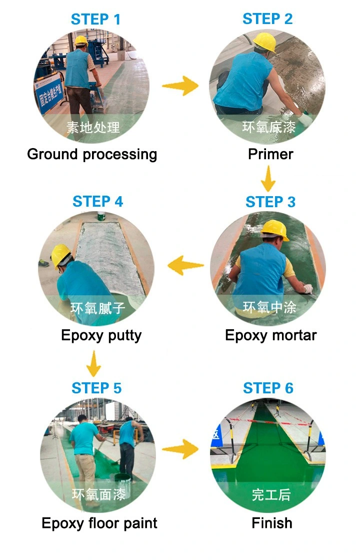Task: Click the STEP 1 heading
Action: (95, 20)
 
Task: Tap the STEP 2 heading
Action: (267, 19)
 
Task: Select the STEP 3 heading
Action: (270, 202)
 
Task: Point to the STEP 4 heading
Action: (97, 202)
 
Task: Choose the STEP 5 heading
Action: (96, 388)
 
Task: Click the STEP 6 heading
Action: (268, 388)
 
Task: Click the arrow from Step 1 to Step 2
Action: (180, 86)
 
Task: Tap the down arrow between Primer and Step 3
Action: (268, 178)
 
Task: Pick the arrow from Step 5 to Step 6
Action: (180, 449)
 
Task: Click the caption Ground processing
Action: (92, 154)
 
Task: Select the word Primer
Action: (270, 154)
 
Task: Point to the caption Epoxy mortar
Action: (270, 335)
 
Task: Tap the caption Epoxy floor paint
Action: (99, 523)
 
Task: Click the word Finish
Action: (271, 523)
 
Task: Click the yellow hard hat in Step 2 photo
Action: (264, 42)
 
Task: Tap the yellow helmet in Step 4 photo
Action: (60, 254)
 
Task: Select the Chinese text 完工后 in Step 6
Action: (271, 495)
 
